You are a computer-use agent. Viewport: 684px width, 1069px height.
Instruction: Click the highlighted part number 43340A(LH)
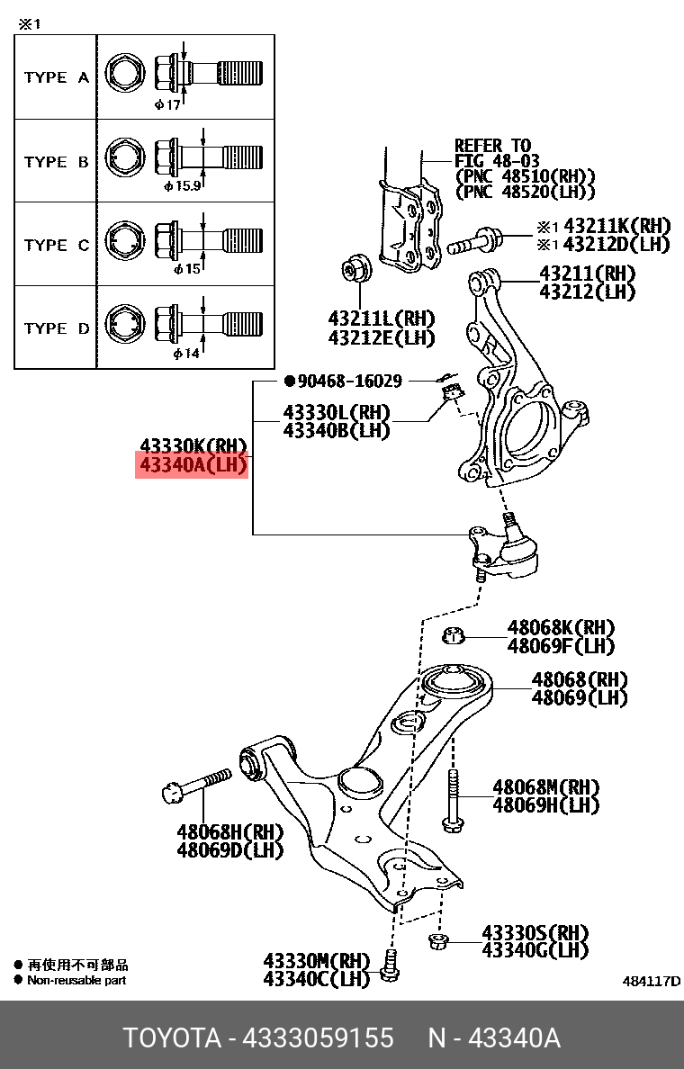(192, 465)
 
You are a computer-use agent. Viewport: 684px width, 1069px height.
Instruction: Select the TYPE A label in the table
(56, 77)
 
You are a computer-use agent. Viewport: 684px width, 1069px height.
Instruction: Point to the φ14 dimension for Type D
(184, 354)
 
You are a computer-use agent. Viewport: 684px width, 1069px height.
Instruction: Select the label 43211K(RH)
(616, 226)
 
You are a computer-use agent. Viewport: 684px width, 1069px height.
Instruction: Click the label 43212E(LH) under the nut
(381, 338)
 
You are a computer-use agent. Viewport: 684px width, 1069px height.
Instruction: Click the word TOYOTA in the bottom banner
(172, 1038)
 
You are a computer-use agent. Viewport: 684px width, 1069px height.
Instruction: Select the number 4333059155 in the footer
(319, 1038)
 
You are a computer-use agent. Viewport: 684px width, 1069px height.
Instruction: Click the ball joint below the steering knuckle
(503, 550)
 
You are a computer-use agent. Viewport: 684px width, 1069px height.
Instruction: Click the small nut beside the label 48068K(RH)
(454, 636)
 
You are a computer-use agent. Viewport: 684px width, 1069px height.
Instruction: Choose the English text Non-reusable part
(76, 980)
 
